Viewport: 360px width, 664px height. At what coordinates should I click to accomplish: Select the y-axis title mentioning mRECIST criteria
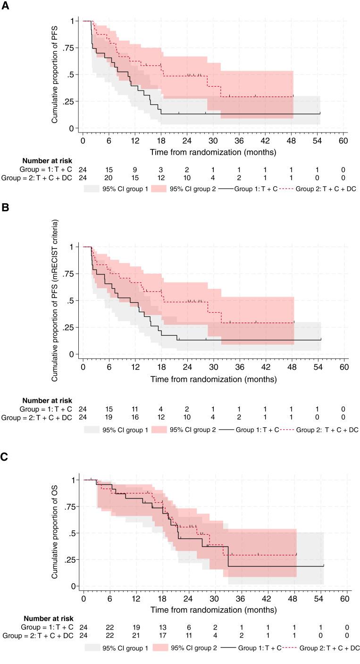[x=55, y=299]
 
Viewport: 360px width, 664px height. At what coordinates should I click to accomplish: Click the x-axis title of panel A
[x=213, y=152]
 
